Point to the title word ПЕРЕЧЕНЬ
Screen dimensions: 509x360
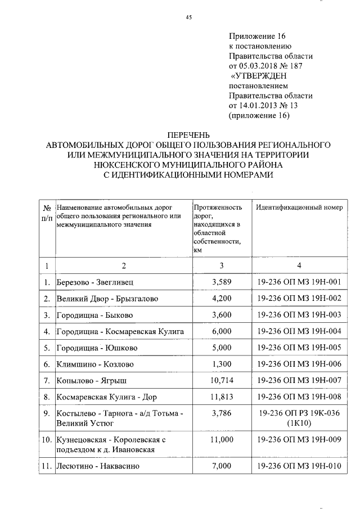click(188, 135)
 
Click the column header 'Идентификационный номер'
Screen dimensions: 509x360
click(299, 207)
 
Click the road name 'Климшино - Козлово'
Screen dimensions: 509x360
click(96, 364)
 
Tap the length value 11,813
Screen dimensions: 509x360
click(219, 398)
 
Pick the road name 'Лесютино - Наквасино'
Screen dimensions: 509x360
click(98, 466)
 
